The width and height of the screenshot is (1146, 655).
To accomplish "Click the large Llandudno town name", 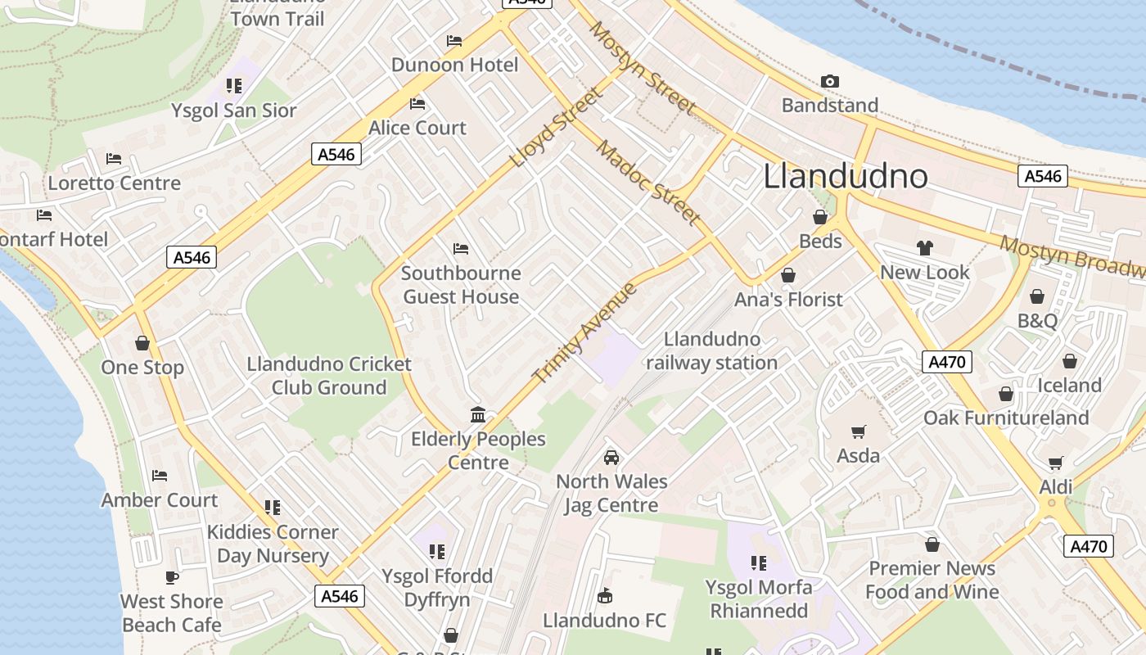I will pos(846,177).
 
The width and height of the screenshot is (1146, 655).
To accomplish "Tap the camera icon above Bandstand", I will pos(830,81).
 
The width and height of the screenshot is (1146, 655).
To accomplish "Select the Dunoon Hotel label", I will pos(454,65).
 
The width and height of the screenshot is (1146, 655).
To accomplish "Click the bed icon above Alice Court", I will pos(417,104).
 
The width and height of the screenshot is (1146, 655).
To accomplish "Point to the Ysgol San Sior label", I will pos(234,111).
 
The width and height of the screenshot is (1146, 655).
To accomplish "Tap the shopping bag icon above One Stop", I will pos(142,343).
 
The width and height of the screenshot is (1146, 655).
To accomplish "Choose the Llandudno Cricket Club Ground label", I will pos(329,376).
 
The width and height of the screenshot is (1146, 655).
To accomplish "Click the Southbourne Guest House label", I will pos(461,285).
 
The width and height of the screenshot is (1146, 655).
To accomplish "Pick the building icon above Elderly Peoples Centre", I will pos(478,415).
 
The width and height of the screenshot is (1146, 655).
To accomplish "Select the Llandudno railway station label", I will pos(711,350).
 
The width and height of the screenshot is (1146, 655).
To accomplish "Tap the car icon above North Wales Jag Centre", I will pos(611,457).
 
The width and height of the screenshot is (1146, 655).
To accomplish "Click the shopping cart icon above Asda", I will pos(859,431).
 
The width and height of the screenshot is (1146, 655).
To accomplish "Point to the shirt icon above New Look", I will pos(925,248).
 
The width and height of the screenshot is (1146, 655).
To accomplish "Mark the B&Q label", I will pos(1037,320).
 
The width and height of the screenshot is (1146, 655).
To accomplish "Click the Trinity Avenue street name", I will pos(584,333).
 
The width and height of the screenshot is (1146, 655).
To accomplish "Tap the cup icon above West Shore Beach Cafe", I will pos(172,577).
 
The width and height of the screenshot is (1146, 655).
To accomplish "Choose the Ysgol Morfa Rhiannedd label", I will pos(759,599).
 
